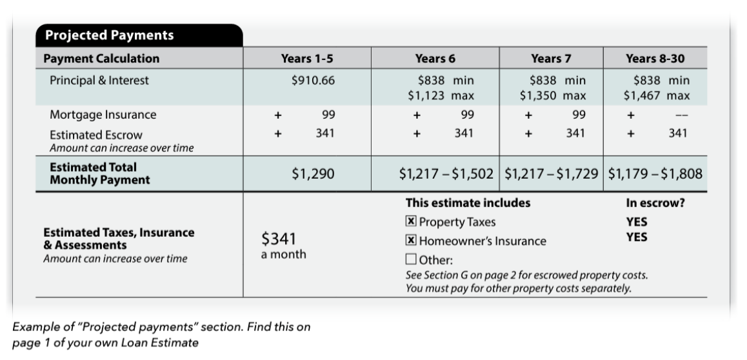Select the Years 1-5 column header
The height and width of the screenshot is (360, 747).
[307, 59]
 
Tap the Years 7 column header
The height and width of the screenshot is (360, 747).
[551, 59]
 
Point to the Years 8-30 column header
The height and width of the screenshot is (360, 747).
[655, 59]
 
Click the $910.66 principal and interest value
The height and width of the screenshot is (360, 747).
[314, 81]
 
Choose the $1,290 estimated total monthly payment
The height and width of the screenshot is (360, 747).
[314, 174]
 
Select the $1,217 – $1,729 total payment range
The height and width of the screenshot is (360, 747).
[551, 174]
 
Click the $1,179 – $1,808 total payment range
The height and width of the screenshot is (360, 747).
[655, 174]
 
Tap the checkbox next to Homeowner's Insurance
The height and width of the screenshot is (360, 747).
[411, 241]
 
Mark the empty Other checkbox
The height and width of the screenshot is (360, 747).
[411, 260]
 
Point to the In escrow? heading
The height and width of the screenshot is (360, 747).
[655, 203]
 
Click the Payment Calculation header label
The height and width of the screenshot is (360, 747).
[101, 59]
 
